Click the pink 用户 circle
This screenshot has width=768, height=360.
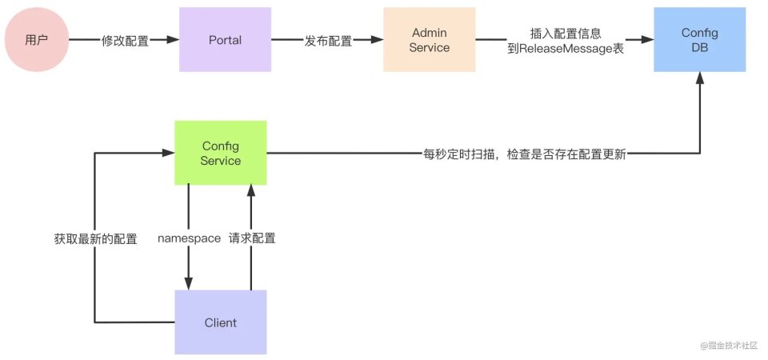click(37, 41)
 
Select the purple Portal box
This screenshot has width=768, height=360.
click(224, 41)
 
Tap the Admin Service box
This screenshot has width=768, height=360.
click(430, 41)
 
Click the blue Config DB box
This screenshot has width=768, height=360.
click(700, 41)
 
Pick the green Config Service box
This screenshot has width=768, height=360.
click(221, 154)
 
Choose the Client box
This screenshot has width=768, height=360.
click(221, 322)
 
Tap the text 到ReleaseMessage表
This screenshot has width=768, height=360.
click(565, 49)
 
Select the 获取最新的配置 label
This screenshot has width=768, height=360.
click(95, 238)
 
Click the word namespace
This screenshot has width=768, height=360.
click(189, 238)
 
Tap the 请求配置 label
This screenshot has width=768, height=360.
click(252, 238)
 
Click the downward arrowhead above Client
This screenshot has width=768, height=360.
click(189, 283)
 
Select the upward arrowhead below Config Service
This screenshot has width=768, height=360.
click(251, 190)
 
